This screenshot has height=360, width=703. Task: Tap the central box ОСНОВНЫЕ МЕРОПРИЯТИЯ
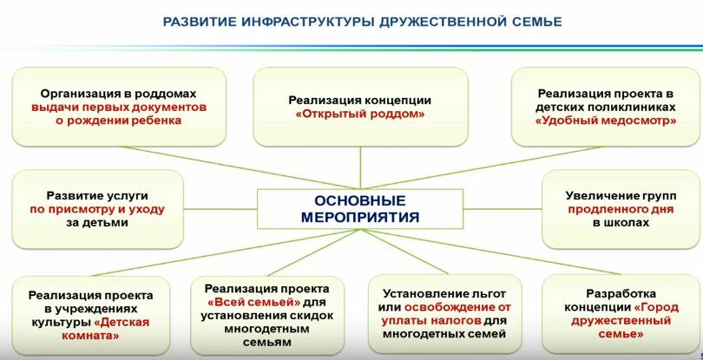360,209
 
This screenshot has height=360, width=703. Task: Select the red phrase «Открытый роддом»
360,114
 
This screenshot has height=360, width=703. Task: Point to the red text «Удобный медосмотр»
606,121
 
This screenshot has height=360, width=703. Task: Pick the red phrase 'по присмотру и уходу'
98,209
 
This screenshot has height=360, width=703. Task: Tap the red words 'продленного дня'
621,209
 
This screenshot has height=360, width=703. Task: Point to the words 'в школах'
621,222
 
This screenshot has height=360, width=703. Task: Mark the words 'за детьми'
98,223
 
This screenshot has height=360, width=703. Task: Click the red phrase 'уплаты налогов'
431,321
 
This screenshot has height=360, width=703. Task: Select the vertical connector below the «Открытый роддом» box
360,167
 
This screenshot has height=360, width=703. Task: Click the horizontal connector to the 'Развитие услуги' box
220,209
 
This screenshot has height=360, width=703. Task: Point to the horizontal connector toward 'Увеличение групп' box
503,209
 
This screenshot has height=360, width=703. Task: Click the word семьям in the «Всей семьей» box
267,343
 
